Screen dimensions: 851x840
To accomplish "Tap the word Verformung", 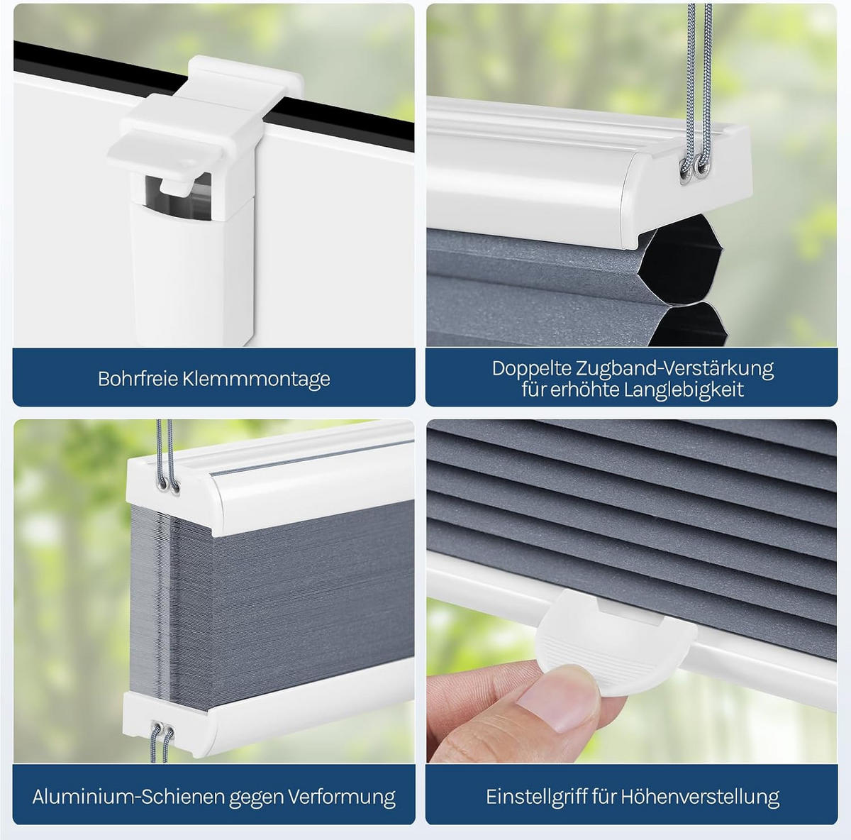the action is click(342, 797).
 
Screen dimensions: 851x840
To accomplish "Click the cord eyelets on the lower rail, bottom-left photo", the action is click(162, 728).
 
